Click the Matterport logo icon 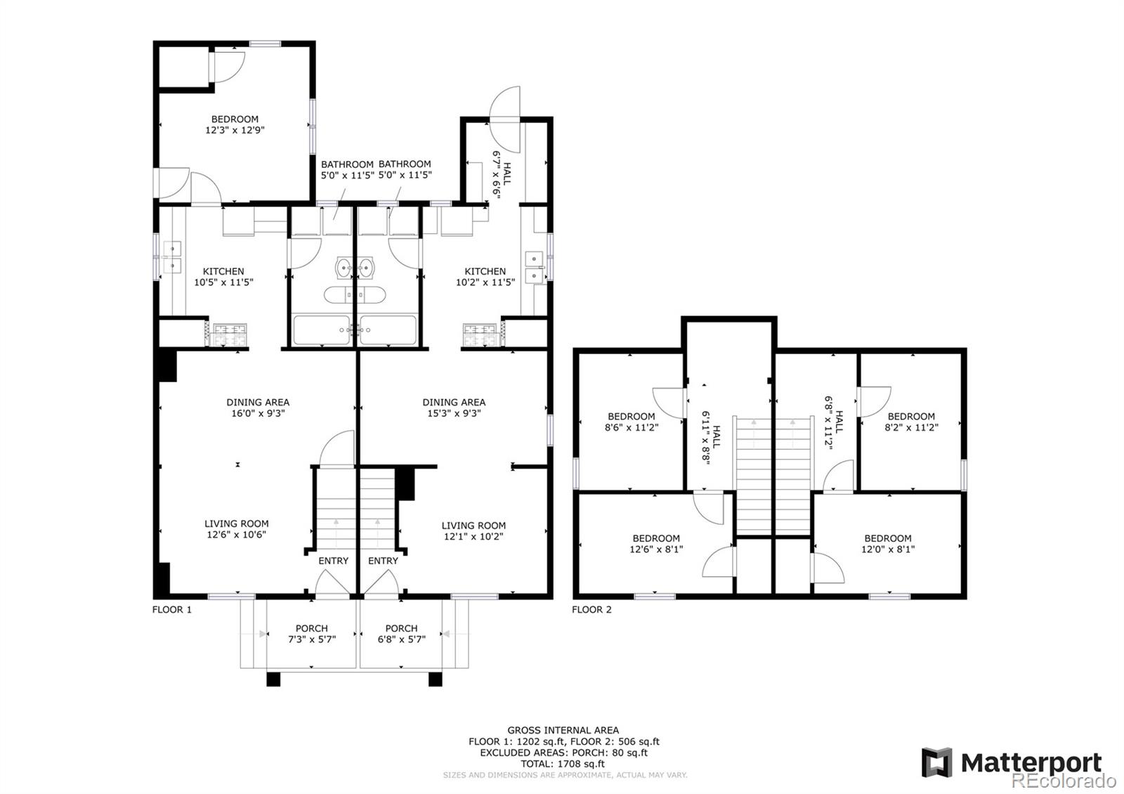(936, 762)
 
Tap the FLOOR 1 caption (172, 609)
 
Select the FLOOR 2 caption (592, 609)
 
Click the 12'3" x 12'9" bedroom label (235, 124)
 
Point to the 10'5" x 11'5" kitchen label (223, 276)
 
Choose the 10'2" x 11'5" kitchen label (485, 276)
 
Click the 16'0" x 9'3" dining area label (258, 408)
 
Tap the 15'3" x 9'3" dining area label (454, 408)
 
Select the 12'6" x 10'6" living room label (236, 528)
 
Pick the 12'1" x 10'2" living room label (473, 531)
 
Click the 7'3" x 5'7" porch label (311, 634)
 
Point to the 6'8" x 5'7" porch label (401, 634)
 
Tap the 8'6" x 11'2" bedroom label (631, 422)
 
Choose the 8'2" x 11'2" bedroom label (911, 422)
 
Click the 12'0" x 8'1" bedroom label (887, 544)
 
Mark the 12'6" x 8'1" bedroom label (655, 544)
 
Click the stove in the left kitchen (229, 334)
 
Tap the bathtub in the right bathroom (388, 330)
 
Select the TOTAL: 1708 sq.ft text (563, 764)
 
